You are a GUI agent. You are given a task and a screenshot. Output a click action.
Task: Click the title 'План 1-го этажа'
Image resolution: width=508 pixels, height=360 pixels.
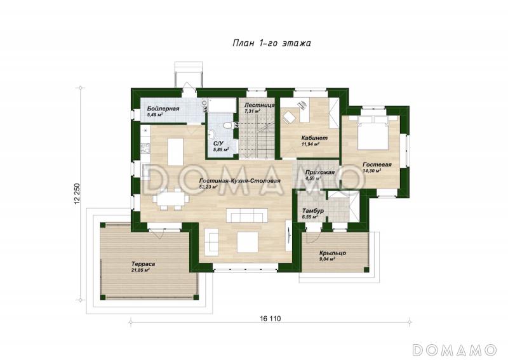[x=272, y=43]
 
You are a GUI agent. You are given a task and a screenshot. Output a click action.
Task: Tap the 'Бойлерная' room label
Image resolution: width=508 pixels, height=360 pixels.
[x=163, y=109]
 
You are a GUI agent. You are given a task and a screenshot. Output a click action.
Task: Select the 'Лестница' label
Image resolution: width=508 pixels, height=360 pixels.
[x=260, y=105]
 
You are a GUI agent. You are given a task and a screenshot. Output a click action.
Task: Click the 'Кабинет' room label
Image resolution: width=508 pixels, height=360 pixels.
[x=314, y=138]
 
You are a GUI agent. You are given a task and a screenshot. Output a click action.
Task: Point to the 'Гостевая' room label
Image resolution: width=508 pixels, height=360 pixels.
[x=377, y=164]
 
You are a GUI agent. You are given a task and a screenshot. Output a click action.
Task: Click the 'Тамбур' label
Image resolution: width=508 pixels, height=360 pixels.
[x=313, y=211]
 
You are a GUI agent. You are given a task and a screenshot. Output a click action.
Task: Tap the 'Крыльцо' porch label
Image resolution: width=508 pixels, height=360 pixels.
[x=333, y=253]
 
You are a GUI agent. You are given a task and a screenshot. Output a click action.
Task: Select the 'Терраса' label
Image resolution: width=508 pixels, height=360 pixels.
[x=144, y=264]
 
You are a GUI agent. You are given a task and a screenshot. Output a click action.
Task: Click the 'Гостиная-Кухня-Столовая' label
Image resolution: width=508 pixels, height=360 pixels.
[x=240, y=181]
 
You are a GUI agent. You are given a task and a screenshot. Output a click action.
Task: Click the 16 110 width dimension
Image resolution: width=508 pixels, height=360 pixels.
[x=270, y=319]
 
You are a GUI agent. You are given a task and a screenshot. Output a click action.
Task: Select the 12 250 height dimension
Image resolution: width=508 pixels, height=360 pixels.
[x=77, y=194]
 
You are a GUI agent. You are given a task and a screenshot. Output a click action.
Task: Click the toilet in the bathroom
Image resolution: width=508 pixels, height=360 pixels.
[x=229, y=125]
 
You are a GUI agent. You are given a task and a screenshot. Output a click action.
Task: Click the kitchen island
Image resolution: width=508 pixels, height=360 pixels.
[x=175, y=151]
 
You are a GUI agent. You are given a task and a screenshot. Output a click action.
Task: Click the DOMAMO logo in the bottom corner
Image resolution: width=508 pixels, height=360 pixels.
[x=454, y=350]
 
